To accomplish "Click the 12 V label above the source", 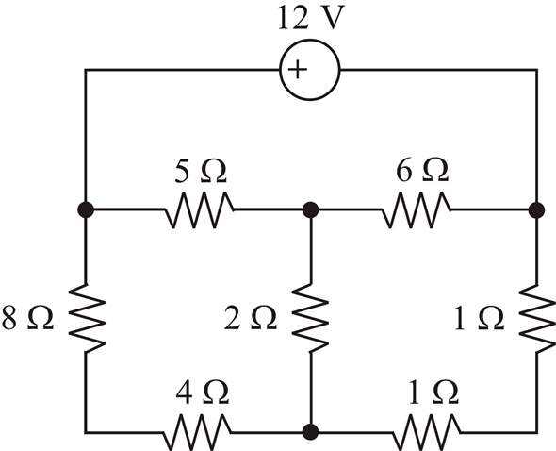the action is (x=311, y=18).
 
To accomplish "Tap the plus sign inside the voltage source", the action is (x=297, y=69).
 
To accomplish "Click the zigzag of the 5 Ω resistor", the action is (x=200, y=210).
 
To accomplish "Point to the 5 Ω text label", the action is (x=201, y=171).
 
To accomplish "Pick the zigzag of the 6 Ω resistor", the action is (x=417, y=210).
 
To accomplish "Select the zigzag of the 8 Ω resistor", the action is (x=86, y=318).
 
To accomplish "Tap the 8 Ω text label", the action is (x=27, y=317).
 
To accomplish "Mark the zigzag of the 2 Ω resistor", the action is (x=311, y=318).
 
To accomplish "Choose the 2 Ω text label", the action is (x=251, y=317).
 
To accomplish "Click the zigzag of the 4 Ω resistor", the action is (x=198, y=432).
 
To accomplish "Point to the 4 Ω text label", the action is (x=203, y=393).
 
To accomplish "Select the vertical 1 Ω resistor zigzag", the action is (x=537, y=318).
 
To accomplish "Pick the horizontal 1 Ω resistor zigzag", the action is (x=427, y=432).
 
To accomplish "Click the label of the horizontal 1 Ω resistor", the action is (x=433, y=393).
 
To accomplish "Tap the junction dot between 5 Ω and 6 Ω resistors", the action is (x=311, y=210).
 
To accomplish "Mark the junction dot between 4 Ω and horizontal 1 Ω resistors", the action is (x=311, y=432).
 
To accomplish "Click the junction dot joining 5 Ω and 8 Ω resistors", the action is (x=86, y=210).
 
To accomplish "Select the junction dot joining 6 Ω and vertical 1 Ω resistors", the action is (x=536, y=210).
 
